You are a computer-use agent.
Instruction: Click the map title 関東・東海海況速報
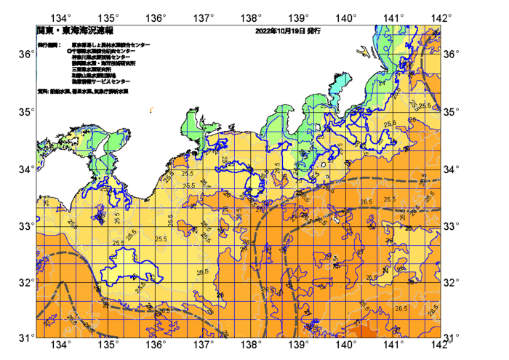[x=75, y=32]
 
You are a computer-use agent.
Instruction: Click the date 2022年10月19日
[x=280, y=32]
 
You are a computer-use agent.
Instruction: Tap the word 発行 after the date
[x=313, y=32]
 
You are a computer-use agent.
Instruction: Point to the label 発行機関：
[x=49, y=45]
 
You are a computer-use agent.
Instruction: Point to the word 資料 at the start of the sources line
[x=41, y=91]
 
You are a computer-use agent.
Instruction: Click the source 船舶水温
[x=59, y=91]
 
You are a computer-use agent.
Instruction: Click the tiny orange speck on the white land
[x=151, y=110]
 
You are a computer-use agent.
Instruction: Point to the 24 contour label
[x=382, y=82]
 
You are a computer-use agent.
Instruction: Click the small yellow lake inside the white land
[x=323, y=165]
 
